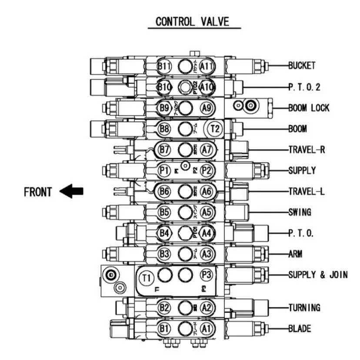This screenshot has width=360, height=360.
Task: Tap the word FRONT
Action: (38, 192)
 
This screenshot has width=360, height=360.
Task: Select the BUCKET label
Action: (301, 66)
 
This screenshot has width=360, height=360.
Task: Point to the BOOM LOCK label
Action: (309, 108)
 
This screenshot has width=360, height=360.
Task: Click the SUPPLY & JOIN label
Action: (318, 275)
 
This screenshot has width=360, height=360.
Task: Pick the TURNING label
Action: (304, 308)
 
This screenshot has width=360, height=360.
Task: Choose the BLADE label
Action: (300, 329)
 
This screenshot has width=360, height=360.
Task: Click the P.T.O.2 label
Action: (304, 87)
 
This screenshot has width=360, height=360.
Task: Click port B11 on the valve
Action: (165, 66)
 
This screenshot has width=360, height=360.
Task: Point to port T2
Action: (214, 129)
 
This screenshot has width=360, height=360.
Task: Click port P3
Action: (207, 275)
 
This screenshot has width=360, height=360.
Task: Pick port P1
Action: (164, 170)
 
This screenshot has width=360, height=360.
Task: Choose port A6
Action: (207, 191)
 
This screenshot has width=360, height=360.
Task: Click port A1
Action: (207, 329)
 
